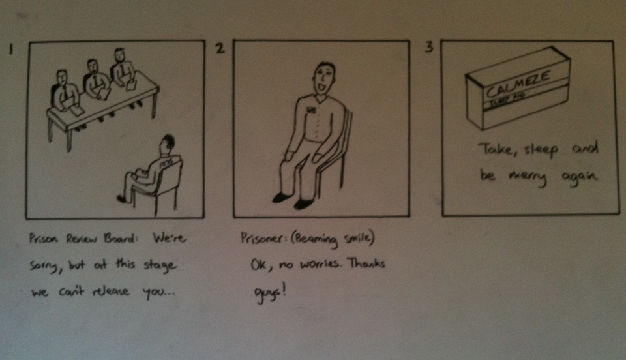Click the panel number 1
[11, 49]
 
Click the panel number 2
[220, 48]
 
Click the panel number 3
[429, 47]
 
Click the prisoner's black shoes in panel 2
[294, 200]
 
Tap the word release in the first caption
[111, 291]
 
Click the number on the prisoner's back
[165, 164]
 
